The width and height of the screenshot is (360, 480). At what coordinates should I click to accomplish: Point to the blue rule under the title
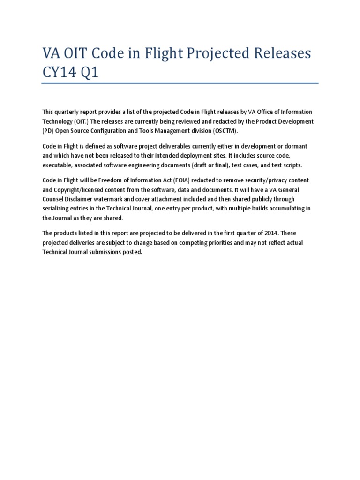point(180,84)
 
